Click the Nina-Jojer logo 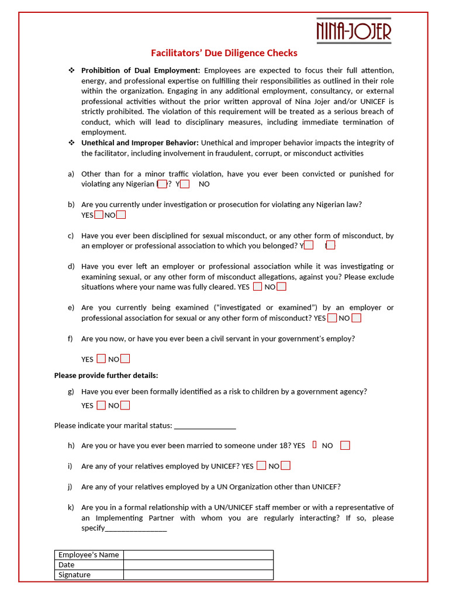pos(353,30)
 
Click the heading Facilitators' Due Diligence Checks pos(224,53)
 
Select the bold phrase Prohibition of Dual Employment pos(140,70)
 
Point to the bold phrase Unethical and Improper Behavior pos(140,143)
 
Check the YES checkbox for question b pos(99,215)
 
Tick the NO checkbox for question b pos(121,215)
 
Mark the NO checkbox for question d pos(282,287)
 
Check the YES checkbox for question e pos(332,318)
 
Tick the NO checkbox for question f pos(125,359)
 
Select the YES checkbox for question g pos(101,405)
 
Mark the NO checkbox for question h pos(345,445)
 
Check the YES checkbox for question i pos(261,466)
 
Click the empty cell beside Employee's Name pos(198,555)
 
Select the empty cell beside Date pos(198,564)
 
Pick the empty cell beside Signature pos(198,574)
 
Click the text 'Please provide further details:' pos(106,375)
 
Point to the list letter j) pos(71,487)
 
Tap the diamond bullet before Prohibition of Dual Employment pos(71,70)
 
